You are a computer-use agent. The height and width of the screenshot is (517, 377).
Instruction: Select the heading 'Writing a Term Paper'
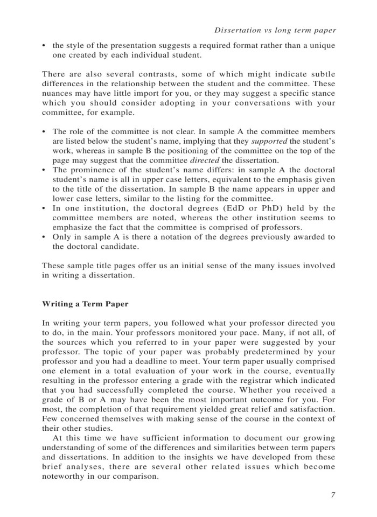(x=85, y=304)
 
